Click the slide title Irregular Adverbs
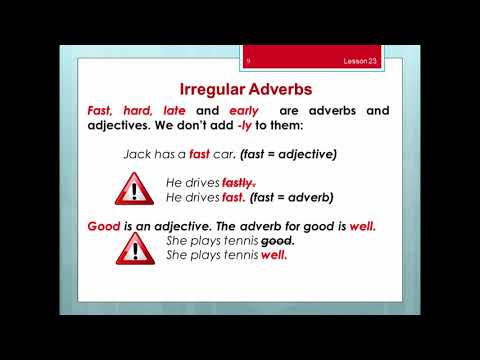[x=240, y=87]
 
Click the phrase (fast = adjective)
[x=295, y=156]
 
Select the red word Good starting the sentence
[x=102, y=227]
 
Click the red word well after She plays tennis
[x=273, y=255]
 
